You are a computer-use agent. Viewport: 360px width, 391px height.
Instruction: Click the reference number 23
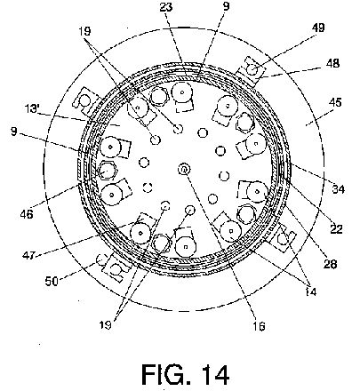point(166,7)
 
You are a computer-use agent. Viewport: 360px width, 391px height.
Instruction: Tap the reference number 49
point(318,28)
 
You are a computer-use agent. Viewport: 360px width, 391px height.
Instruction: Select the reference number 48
point(333,63)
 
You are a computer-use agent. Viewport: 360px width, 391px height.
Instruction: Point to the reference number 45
point(335,102)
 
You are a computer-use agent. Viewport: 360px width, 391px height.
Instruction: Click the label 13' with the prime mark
point(32,108)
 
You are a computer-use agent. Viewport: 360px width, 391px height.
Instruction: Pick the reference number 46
point(27,214)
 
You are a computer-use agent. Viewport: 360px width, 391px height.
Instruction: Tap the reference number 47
point(28,254)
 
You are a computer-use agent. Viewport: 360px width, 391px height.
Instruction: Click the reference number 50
point(52,281)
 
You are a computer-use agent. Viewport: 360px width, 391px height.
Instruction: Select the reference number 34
point(338,188)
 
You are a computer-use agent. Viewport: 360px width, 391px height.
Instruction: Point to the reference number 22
point(336,229)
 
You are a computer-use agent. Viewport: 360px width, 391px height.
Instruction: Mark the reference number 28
point(331,264)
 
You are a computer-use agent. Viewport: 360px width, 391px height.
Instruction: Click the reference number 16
point(259,326)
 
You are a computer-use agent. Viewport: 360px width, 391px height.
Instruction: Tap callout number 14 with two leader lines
point(310,292)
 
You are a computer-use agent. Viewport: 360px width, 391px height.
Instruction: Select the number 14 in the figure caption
point(213,374)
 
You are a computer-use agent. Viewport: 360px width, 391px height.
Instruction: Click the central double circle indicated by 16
point(184,170)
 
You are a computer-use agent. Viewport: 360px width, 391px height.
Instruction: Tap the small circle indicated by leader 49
point(252,70)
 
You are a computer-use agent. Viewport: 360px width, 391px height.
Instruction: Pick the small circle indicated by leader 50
point(101,260)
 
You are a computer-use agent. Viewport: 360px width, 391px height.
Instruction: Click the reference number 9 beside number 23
point(226,6)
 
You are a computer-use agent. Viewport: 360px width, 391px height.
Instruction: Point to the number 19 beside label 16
point(105,325)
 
